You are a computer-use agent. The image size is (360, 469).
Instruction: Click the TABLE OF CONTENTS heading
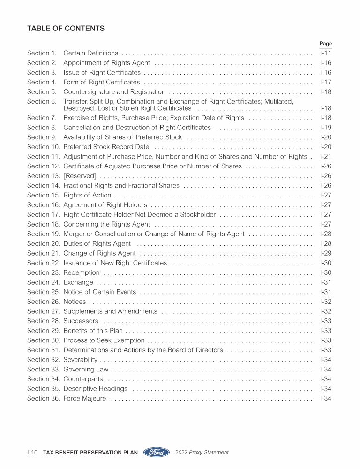(66, 29)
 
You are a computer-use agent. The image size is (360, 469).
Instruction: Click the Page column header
(325, 44)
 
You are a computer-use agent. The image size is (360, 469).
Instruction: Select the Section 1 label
(42, 53)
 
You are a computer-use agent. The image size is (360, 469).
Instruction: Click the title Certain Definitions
(91, 53)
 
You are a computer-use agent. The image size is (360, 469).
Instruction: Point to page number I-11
(325, 53)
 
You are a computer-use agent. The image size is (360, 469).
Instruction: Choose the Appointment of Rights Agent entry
(106, 63)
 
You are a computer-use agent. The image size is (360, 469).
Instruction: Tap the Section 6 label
(42, 101)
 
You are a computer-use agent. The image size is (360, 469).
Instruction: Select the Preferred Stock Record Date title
(106, 147)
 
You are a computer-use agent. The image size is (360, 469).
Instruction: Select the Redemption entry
(82, 272)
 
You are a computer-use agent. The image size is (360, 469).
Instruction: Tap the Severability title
(80, 360)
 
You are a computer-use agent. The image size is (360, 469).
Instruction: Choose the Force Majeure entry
(84, 399)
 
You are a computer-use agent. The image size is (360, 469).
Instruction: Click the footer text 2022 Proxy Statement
(202, 453)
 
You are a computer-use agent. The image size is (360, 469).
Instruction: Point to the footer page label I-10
(32, 453)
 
